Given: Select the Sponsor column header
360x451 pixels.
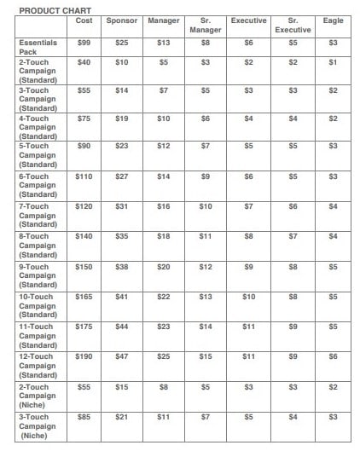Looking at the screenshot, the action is pyautogui.click(x=122, y=20).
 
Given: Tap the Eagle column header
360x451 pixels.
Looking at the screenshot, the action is pyautogui.click(x=334, y=20).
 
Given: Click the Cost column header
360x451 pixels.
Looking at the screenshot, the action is pyautogui.click(x=84, y=20).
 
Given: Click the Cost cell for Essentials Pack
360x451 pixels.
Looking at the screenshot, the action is pyautogui.click(x=84, y=42).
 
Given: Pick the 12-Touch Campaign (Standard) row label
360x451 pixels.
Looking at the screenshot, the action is pyautogui.click(x=38, y=364).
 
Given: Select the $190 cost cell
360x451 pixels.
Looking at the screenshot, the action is pyautogui.click(x=84, y=356).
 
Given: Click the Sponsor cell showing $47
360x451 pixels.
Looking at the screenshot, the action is pyautogui.click(x=122, y=356).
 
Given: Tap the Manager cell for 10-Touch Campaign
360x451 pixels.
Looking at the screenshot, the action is pyautogui.click(x=164, y=296).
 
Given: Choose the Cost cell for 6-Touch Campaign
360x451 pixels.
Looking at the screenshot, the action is pyautogui.click(x=84, y=176).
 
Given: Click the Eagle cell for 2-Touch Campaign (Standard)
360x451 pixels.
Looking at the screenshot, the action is pyautogui.click(x=334, y=62).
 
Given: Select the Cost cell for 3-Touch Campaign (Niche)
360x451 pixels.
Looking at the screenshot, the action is pyautogui.click(x=84, y=416).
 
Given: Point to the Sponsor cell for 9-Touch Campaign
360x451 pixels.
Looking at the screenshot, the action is pyautogui.click(x=122, y=266).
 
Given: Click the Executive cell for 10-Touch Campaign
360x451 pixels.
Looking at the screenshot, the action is pyautogui.click(x=248, y=296).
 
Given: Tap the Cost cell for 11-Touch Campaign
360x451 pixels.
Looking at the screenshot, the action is pyautogui.click(x=84, y=326).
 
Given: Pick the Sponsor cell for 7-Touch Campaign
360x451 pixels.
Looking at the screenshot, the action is pyautogui.click(x=122, y=205).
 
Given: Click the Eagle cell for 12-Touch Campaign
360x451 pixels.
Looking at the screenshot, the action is pyautogui.click(x=334, y=356).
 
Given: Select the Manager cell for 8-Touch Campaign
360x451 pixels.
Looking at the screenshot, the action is pyautogui.click(x=164, y=236).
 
